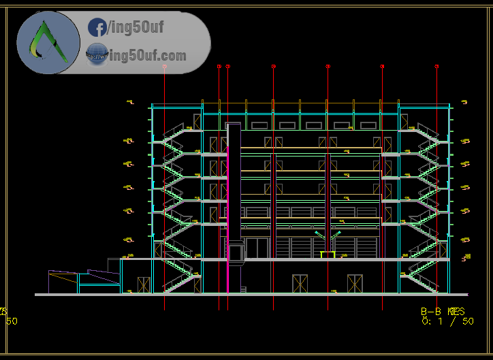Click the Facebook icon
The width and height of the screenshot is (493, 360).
(x=97, y=28)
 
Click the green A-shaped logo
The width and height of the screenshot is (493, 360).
(x=48, y=42)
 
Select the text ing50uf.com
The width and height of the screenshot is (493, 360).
(x=146, y=54)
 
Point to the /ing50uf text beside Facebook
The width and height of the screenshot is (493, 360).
(x=135, y=28)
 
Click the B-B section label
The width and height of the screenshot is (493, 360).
(x=434, y=310)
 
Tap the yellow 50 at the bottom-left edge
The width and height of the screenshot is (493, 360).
(x=12, y=321)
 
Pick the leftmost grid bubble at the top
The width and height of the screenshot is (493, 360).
(x=165, y=67)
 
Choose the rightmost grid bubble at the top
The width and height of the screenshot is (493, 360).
(x=436, y=67)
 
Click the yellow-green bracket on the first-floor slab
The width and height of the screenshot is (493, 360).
(x=328, y=255)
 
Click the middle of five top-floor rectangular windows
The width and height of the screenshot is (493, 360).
(x=313, y=125)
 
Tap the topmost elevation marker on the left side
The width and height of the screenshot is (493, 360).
(x=129, y=103)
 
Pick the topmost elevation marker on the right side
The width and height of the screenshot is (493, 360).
(x=464, y=103)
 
